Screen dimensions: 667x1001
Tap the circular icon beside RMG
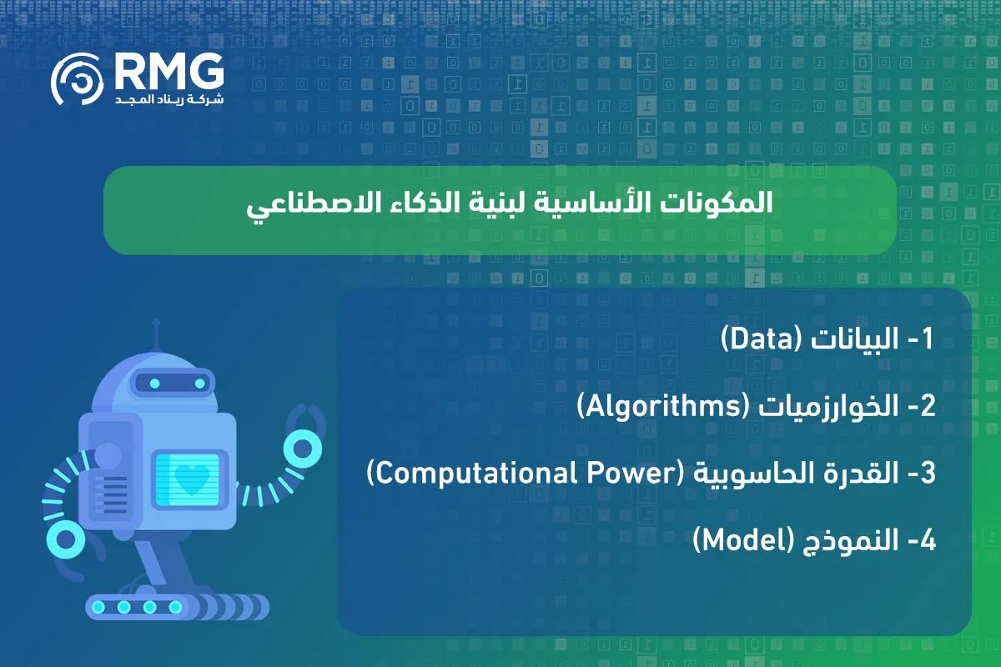point(78,83)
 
